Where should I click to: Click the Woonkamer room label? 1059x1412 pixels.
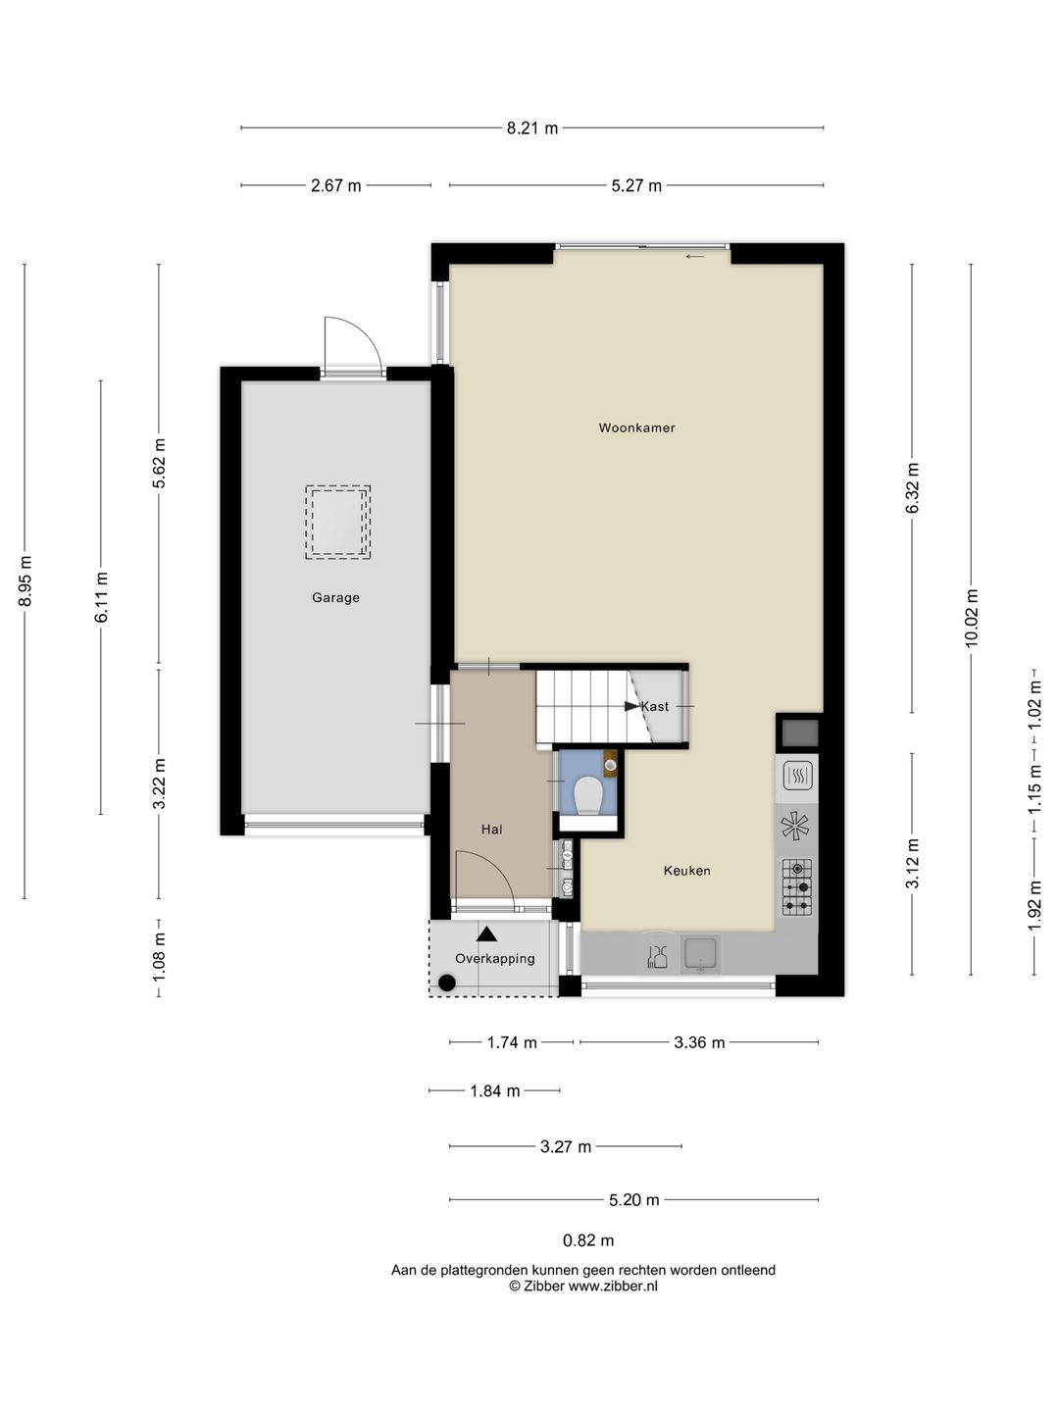(636, 428)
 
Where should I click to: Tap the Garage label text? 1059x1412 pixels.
(335, 597)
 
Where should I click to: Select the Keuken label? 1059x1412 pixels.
(686, 871)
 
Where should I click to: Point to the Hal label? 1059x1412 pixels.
(492, 830)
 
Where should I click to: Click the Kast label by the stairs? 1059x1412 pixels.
(655, 706)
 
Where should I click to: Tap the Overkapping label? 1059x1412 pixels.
(494, 958)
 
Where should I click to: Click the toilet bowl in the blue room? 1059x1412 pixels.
(588, 795)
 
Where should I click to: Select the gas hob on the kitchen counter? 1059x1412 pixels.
(797, 887)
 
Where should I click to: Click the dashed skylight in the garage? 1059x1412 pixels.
(337, 523)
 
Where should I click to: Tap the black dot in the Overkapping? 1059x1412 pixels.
(447, 983)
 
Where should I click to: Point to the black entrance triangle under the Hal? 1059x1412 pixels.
(486, 933)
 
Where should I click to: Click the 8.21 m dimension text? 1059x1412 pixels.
(531, 128)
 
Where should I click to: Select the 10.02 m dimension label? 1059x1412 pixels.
(971, 618)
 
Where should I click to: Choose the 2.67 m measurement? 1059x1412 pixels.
(335, 186)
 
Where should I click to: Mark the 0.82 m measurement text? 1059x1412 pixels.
(588, 1240)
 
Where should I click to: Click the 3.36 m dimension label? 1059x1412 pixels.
(699, 1042)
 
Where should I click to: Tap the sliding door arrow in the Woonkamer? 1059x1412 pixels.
(695, 257)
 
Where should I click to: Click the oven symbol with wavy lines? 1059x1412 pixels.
(797, 776)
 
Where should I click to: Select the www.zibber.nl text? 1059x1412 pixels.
(613, 1286)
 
